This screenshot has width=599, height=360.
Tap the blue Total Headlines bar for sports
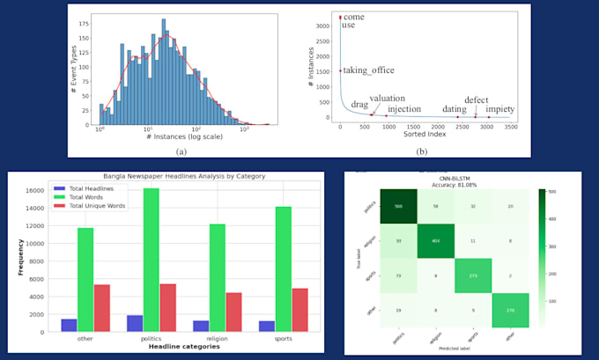[268, 326]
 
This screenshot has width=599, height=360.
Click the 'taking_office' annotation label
[369, 70]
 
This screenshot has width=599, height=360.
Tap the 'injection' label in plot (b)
[404, 109]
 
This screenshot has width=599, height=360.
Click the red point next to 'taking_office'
[341, 71]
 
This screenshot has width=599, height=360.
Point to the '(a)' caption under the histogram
[181, 151]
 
